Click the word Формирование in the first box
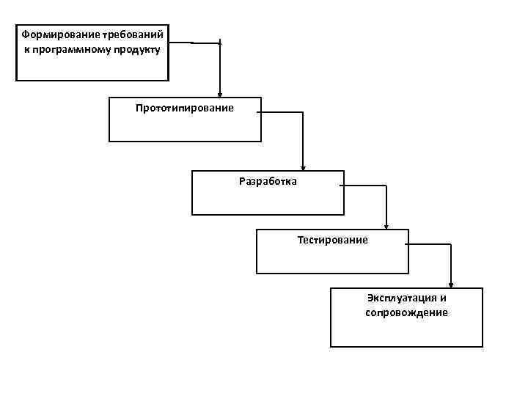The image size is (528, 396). click(x=54, y=34)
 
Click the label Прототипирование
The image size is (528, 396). click(x=185, y=108)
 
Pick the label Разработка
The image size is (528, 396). click(x=268, y=181)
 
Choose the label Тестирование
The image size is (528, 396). click(x=333, y=240)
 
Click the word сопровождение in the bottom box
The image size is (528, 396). click(x=406, y=312)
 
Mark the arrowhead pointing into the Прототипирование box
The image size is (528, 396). click(x=220, y=93)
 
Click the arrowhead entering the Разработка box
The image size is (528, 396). click(x=303, y=167)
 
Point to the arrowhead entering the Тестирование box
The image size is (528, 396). click(x=386, y=226)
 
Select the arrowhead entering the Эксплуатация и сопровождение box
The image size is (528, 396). click(x=450, y=285)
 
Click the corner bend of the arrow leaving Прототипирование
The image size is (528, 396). click(x=303, y=112)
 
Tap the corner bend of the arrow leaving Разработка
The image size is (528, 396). click(x=386, y=186)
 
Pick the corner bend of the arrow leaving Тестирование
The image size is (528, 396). click(x=450, y=244)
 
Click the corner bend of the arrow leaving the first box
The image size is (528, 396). click(x=220, y=43)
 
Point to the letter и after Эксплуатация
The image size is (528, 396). click(x=443, y=298)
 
